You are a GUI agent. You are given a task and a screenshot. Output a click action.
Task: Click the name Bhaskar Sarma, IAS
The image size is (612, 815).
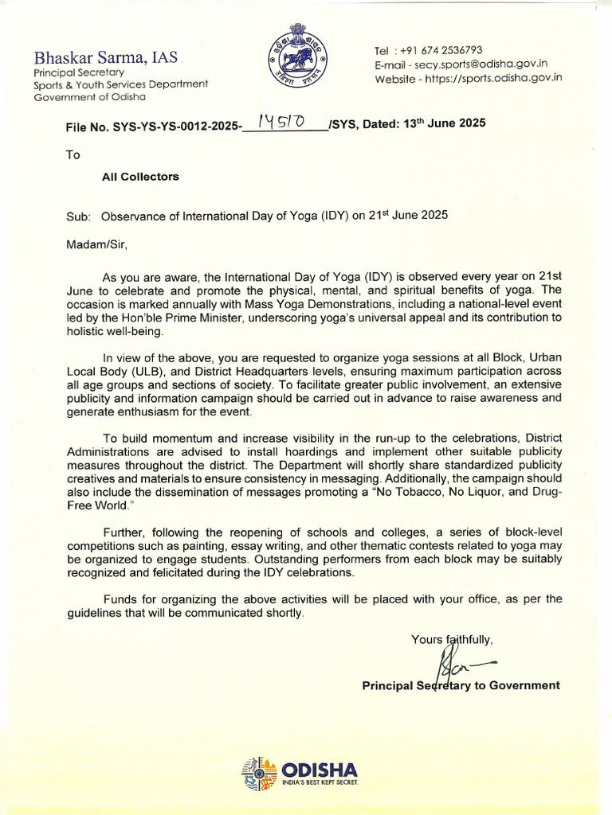(x=105, y=57)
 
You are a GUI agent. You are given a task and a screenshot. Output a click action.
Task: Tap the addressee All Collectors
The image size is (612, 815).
(x=140, y=177)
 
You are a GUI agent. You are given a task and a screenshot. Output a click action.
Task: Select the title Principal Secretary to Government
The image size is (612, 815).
(x=461, y=685)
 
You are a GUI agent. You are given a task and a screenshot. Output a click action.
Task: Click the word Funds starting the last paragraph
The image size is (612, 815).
(x=120, y=599)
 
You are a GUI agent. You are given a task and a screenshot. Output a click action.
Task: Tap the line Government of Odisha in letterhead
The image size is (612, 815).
(x=89, y=97)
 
